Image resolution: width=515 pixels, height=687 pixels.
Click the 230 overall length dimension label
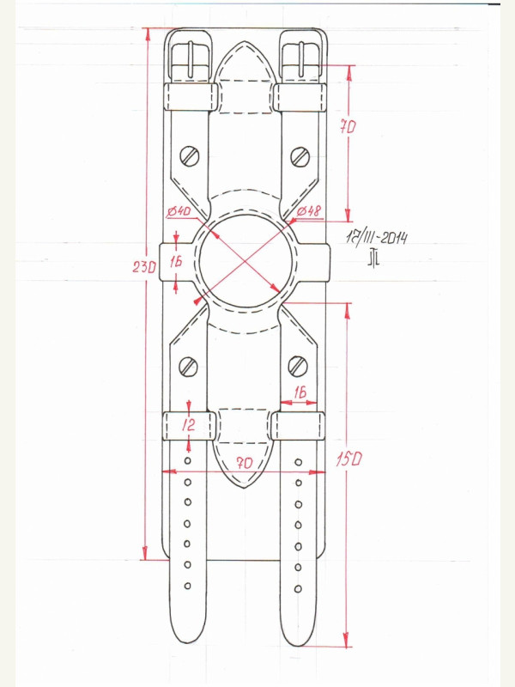144,267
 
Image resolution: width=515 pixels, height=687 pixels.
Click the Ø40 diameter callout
179,212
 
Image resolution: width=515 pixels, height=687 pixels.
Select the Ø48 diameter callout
309,211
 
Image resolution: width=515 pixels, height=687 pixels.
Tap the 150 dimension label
349,459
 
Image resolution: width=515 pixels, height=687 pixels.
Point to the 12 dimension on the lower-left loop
188,424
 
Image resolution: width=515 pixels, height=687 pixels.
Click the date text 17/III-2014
377,238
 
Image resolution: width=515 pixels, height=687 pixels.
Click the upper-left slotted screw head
190,156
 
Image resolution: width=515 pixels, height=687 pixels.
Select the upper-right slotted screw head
300,156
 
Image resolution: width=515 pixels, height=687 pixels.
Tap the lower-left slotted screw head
189,367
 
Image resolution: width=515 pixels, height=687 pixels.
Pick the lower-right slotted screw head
298,366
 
